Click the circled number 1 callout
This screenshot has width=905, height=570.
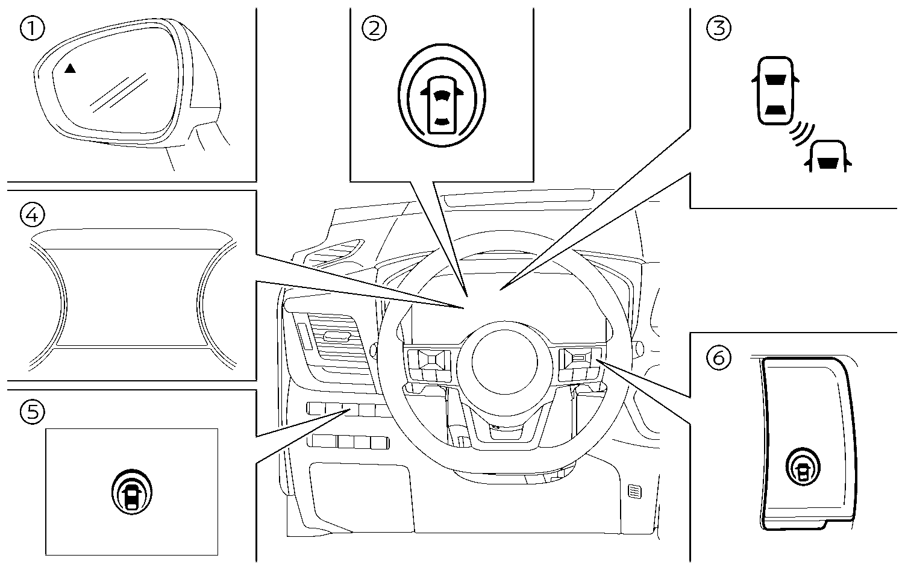pyautogui.click(x=32, y=28)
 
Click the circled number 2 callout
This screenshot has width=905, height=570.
pyautogui.click(x=374, y=28)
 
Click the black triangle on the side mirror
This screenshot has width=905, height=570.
pyautogui.click(x=70, y=69)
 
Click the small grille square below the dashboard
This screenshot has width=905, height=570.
pyautogui.click(x=634, y=491)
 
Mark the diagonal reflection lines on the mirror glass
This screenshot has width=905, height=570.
pyautogui.click(x=119, y=92)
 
